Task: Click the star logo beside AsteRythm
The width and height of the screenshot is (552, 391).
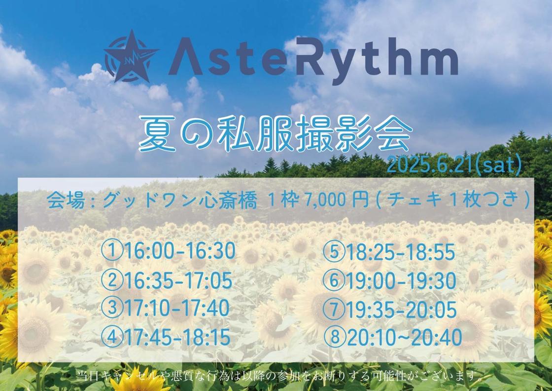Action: click(x=131, y=56)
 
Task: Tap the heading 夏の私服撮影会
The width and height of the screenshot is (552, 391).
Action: click(x=276, y=133)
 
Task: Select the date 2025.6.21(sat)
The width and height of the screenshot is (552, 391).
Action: click(x=454, y=165)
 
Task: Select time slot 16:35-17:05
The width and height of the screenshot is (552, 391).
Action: click(x=178, y=280)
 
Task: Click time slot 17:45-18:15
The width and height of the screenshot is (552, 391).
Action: click(x=177, y=337)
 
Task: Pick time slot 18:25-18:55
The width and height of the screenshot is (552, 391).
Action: click(x=401, y=252)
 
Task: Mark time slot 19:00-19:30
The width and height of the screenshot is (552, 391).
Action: click(x=401, y=281)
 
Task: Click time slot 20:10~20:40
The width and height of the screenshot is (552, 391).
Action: click(x=404, y=337)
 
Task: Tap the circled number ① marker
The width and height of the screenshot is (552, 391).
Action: click(x=112, y=251)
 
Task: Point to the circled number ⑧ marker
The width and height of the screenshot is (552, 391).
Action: click(x=335, y=337)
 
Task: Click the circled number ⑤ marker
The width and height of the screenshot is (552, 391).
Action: click(x=335, y=252)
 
